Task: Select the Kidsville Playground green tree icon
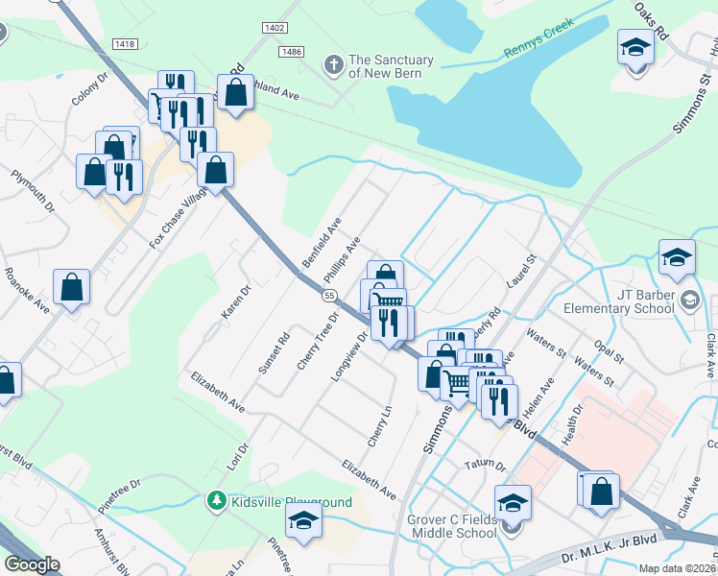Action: [218, 501]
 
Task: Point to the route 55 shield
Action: [329, 297]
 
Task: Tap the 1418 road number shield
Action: [124, 44]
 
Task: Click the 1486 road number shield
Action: [293, 51]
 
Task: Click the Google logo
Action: [32, 564]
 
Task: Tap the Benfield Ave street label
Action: [322, 243]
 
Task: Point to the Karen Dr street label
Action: [234, 301]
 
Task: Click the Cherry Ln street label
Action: [380, 425]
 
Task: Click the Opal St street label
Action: [608, 348]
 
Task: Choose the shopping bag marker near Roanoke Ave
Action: [71, 287]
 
